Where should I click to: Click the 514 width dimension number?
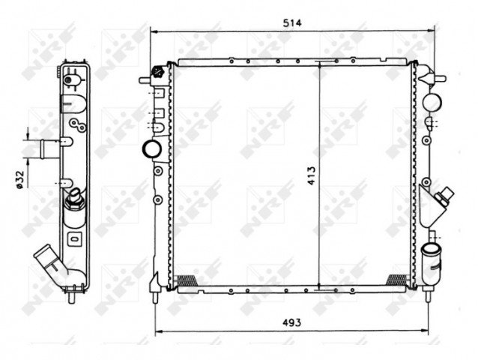tap(292, 23)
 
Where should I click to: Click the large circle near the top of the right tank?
tap(432, 103)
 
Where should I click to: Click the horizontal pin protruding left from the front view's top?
tap(145, 78)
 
